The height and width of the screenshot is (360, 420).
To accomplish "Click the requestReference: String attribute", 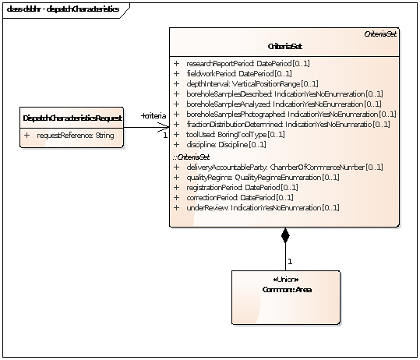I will (x=75, y=136).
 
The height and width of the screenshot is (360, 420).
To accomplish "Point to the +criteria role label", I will (x=153, y=116).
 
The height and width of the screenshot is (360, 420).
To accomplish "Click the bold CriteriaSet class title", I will (x=284, y=47).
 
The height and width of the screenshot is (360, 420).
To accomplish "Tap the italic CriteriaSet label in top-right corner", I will (x=382, y=35).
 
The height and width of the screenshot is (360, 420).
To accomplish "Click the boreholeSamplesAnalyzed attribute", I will (x=284, y=104).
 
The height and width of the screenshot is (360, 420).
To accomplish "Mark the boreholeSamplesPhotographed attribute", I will (x=289, y=114).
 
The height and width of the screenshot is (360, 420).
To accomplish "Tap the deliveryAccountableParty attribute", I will (x=282, y=167).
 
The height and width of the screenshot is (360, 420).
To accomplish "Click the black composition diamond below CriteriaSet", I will (x=285, y=236).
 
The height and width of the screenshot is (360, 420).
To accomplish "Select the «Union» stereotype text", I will (x=285, y=280).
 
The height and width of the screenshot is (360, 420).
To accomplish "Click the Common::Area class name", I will (x=285, y=289).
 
